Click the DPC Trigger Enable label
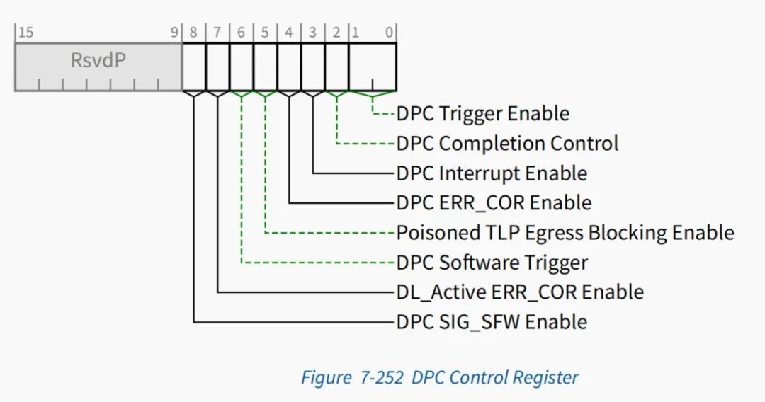point(482,113)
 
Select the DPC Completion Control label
point(507,143)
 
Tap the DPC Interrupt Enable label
point(492,173)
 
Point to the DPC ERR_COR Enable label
point(494,202)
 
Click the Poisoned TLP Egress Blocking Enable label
point(565,232)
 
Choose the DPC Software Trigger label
point(492,263)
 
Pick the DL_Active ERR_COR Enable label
point(520,292)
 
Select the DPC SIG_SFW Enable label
point(492,321)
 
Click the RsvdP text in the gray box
point(98,60)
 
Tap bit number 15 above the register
point(26,33)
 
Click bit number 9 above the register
point(174,33)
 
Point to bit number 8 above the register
point(193,33)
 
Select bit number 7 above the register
point(217,33)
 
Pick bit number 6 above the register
point(241,33)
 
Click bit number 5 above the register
point(265,33)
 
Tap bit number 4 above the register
point(289,33)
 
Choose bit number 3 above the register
point(313,33)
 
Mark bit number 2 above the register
point(336,33)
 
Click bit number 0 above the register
point(389,33)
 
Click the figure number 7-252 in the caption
point(382,378)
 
